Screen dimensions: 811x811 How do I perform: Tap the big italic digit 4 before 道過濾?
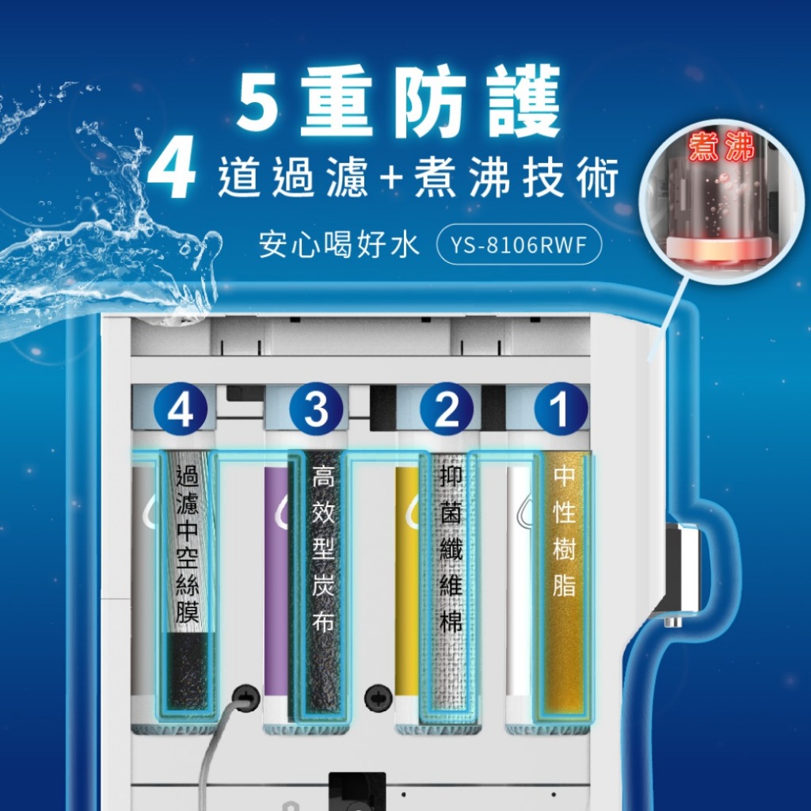coord(172,168)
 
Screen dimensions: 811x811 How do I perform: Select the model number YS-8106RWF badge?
coord(519,245)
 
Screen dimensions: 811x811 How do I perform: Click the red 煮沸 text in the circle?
coord(722,147)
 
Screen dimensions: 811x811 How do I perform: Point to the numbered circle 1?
coord(560,409)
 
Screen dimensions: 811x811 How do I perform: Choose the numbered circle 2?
coord(446,409)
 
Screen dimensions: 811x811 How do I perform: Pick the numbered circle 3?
coord(316,409)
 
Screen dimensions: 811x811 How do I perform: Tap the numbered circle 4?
coord(180,409)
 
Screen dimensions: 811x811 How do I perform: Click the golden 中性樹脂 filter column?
coord(564,584)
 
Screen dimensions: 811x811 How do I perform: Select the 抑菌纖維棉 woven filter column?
coord(449,584)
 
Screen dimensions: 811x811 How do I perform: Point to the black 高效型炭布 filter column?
coord(321,584)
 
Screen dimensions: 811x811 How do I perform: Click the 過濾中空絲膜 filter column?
coord(187,584)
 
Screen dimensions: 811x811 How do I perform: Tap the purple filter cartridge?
coord(276,582)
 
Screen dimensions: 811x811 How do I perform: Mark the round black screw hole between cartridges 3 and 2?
coord(378,698)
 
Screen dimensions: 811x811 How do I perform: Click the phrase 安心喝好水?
coord(339,245)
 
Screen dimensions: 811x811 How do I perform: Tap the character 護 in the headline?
coord(524,101)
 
